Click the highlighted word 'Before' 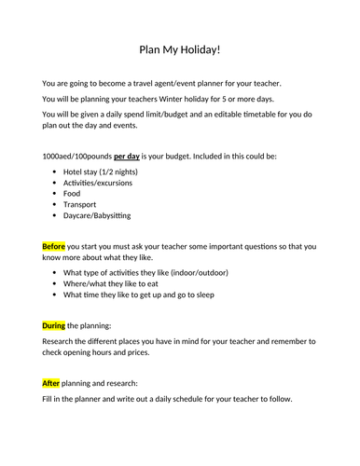click(x=53, y=245)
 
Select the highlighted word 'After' click(x=51, y=381)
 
